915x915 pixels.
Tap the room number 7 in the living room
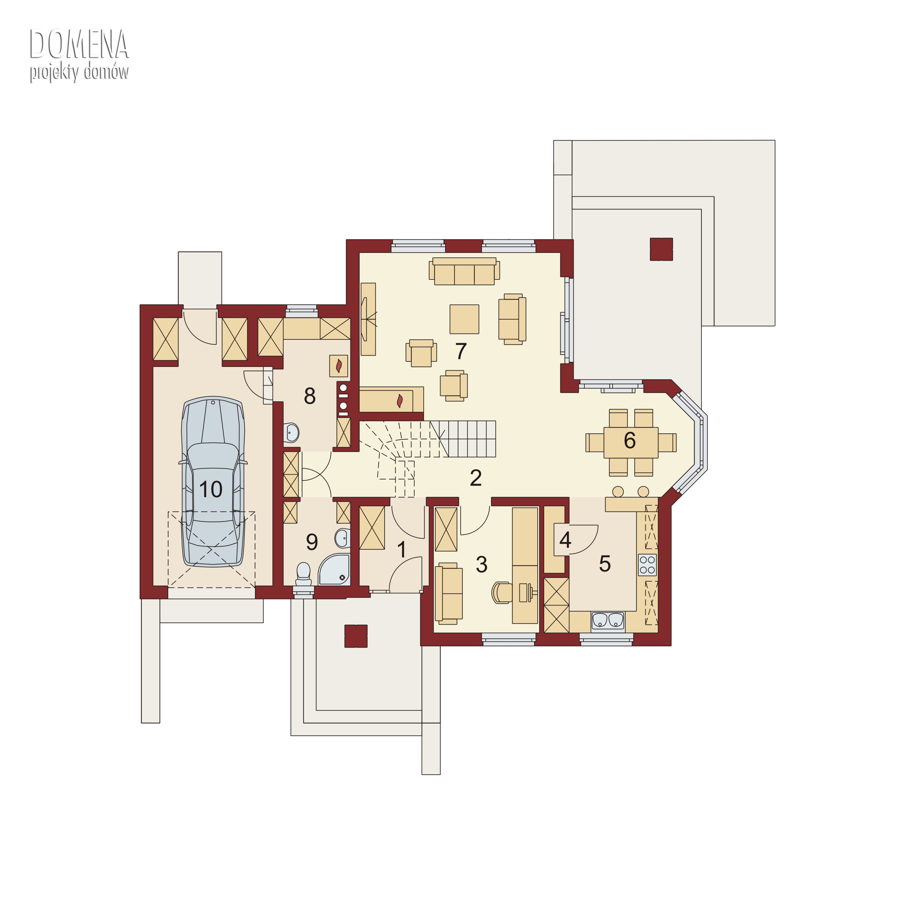point(461,351)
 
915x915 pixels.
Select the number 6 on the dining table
point(630,440)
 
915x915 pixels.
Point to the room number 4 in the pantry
point(565,540)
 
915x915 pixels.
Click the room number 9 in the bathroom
point(312,542)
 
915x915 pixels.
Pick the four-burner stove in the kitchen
point(648,565)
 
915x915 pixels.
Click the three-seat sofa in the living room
point(464,271)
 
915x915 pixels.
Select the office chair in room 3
point(501,593)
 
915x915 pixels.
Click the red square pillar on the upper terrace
point(662,249)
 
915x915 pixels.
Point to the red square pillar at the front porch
point(356,636)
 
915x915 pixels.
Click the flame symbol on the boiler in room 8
point(339,366)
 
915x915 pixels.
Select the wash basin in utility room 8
point(292,432)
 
